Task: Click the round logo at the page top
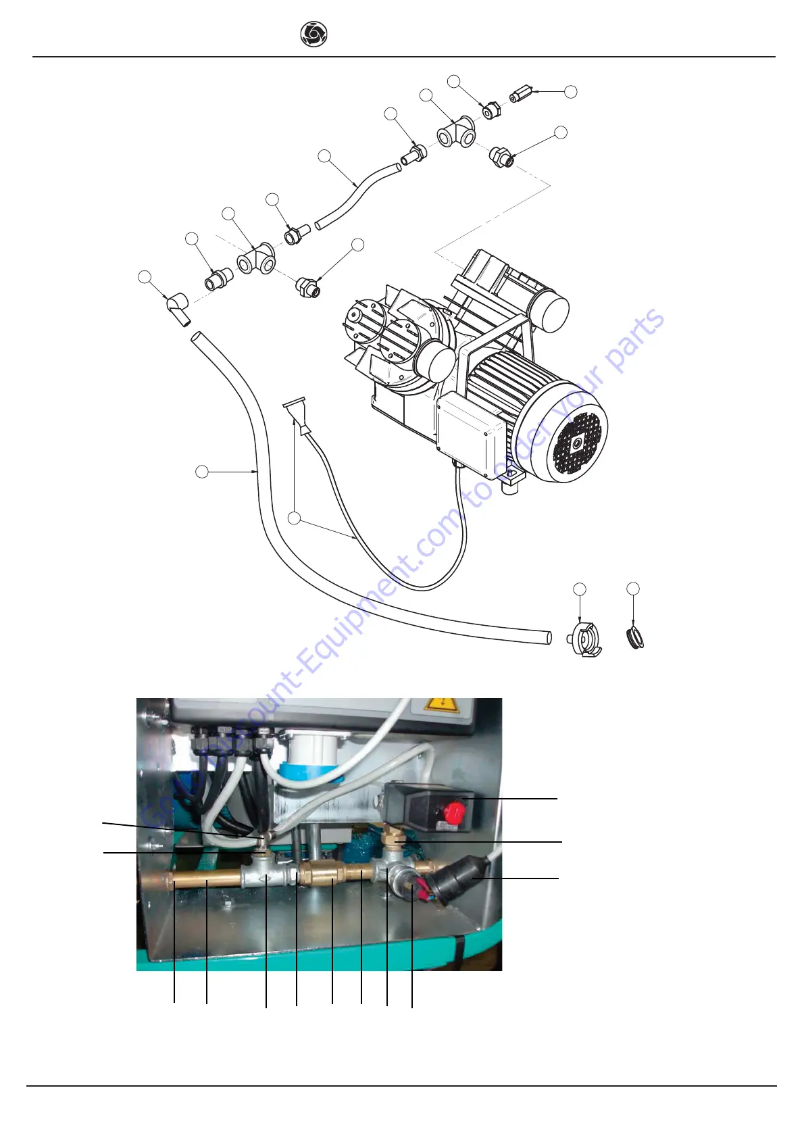click(x=313, y=34)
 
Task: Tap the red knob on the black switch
click(x=455, y=810)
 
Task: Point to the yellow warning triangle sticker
click(x=441, y=706)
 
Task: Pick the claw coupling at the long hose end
click(x=584, y=639)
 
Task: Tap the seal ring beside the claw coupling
click(x=635, y=638)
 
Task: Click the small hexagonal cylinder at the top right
click(x=522, y=93)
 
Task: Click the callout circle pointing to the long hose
click(x=201, y=472)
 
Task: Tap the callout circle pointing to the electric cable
click(x=293, y=518)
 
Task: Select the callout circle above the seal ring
click(x=633, y=589)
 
